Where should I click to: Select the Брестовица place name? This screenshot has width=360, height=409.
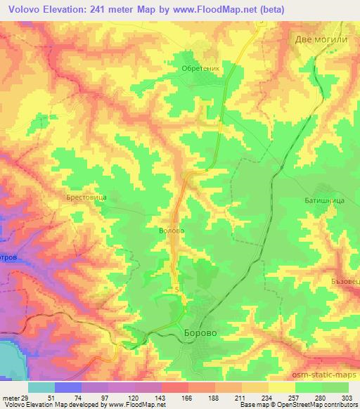coord(86,199)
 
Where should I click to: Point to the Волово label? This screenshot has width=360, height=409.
coord(172,229)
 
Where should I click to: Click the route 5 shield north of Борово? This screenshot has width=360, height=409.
coord(177,289)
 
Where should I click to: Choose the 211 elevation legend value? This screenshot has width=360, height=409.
coord(243,377)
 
